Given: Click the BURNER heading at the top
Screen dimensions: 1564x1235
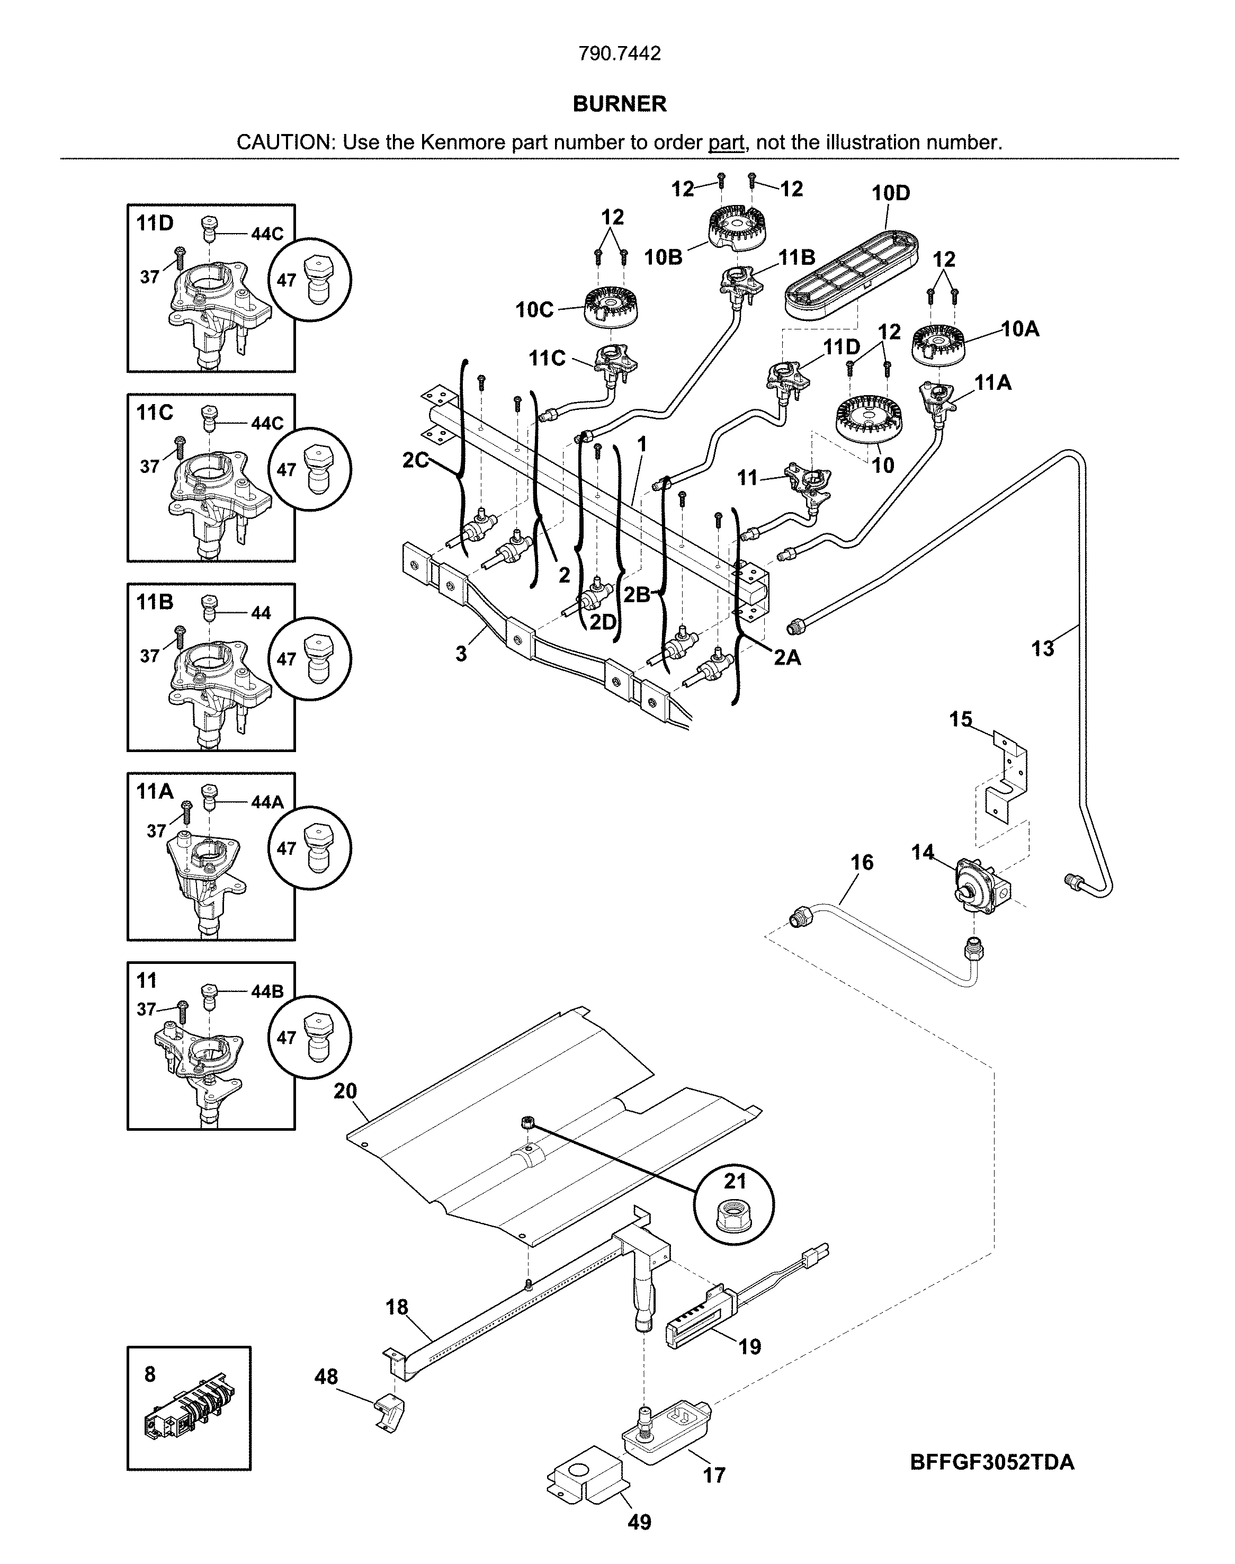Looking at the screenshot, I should coord(619,104).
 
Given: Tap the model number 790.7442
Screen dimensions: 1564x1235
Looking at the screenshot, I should coord(619,54).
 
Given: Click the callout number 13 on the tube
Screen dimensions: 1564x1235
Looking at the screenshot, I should coord(1042,649).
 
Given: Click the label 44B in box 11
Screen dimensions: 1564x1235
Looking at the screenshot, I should coord(267,991).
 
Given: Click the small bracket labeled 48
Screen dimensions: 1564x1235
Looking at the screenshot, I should coord(389,1411).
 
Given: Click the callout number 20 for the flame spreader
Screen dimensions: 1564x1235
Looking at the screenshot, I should coord(345,1091).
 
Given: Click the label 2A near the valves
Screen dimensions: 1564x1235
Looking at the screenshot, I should coord(787,658).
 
